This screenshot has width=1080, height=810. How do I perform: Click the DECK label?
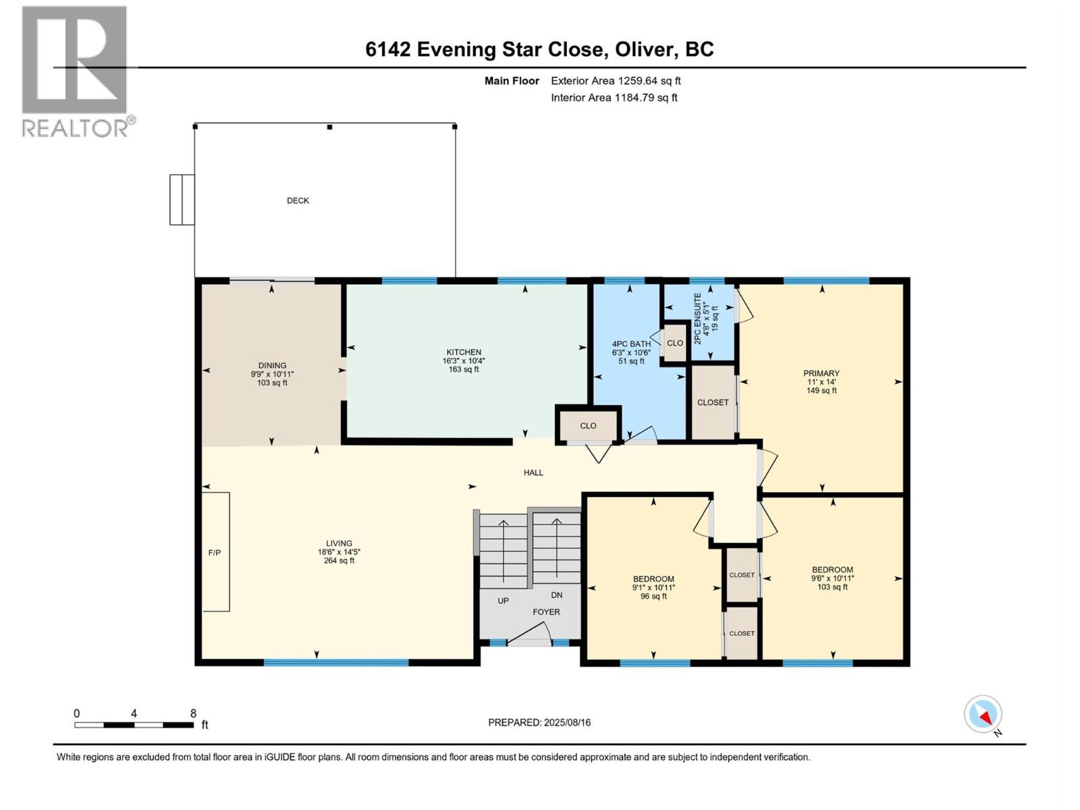pos(298,200)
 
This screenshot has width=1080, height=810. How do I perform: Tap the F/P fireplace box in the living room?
pos(216,551)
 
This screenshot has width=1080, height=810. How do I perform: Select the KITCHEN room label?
pos(464,352)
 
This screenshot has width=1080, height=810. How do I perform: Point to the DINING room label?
pos(272,365)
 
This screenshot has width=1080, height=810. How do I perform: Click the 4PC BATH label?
pos(631,344)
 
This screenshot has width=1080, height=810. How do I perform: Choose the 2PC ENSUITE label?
pos(697,319)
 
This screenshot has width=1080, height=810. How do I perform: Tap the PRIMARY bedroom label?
pos(821,373)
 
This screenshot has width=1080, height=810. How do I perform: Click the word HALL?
pos(533,473)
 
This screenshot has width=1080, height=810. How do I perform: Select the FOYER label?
pos(546,612)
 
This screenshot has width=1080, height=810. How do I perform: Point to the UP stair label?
pos(503,601)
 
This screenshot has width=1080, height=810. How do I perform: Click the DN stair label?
pos(556,595)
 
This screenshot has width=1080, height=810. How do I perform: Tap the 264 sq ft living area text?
pos(339,561)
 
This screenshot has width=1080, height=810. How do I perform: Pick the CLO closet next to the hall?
pos(588,426)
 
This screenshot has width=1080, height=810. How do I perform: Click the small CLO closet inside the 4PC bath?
pos(674,343)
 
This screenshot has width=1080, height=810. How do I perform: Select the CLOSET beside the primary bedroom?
pos(713,402)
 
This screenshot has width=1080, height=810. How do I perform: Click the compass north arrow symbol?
pos(983,714)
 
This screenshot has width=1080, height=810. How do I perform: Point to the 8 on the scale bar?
pos(193,713)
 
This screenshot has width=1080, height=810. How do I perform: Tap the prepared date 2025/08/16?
pos(567,722)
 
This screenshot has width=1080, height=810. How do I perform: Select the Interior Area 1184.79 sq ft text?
pos(614,97)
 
